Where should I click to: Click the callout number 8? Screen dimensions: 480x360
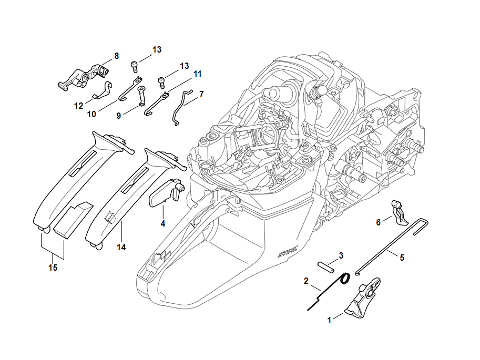pyautogui.click(x=116, y=56)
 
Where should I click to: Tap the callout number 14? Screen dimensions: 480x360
pyautogui.click(x=121, y=247)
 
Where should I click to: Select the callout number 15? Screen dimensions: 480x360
pyautogui.click(x=53, y=268)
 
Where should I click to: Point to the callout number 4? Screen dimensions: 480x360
pyautogui.click(x=163, y=224)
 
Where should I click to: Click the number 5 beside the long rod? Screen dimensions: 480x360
pyautogui.click(x=402, y=258)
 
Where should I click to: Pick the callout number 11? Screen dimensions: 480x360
pyautogui.click(x=198, y=74)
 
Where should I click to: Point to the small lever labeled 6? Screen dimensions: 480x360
pyautogui.click(x=399, y=213)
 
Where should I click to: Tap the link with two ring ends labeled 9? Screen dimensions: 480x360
pyautogui.click(x=142, y=96)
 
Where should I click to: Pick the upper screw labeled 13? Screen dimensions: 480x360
pyautogui.click(x=134, y=66)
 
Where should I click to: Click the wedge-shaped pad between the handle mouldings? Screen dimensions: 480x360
pyautogui.click(x=73, y=220)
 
